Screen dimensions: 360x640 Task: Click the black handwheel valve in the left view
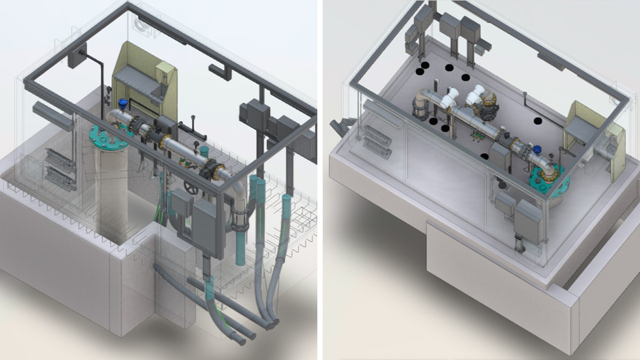[x=190, y=188]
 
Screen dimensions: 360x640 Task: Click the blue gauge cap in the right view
[x=538, y=150]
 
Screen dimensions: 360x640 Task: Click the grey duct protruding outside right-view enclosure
[x=339, y=126]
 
